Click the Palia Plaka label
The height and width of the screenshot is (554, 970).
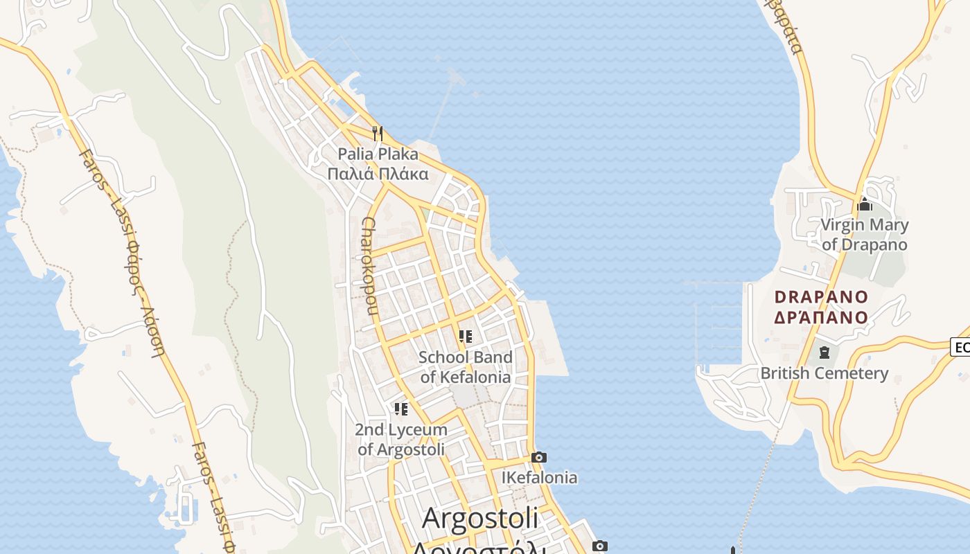pos(378,154)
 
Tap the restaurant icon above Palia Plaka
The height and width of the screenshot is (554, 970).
pos(378,133)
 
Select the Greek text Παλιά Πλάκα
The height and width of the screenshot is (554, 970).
pos(378,173)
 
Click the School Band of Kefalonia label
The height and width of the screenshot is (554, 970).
pos(466,367)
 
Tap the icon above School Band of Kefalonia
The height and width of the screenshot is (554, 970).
pos(466,337)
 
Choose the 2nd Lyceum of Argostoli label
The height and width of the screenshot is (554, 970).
pos(401,439)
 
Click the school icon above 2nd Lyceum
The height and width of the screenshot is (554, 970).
pos(401,409)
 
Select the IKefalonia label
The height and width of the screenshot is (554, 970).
pos(539,478)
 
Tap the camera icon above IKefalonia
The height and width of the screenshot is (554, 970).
pos(539,457)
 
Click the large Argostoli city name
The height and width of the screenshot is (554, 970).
pos(480,518)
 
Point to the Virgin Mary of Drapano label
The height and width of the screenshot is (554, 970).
pos(864,235)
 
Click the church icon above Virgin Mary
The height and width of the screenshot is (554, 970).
pos(864,204)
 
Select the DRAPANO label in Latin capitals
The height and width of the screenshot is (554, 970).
pos(821,297)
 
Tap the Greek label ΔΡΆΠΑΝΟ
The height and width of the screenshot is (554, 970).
pos(821,317)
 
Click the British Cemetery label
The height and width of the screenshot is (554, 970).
pos(824,373)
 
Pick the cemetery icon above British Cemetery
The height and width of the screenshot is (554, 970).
pos(824,352)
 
